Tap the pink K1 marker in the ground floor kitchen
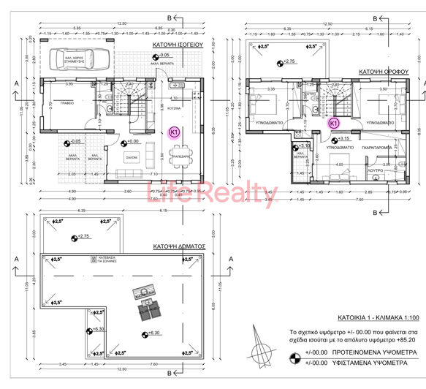click(x=175, y=132)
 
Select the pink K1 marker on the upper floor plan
click(x=333, y=123)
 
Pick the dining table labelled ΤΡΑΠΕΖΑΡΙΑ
click(x=175, y=156)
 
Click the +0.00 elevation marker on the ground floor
click(x=129, y=141)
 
